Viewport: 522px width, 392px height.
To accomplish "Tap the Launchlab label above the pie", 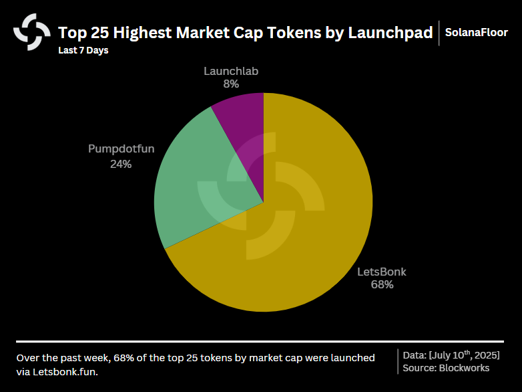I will [231, 71].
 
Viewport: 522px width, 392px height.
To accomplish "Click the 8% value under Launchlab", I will [231, 84].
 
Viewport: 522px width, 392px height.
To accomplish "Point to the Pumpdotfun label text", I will [121, 149].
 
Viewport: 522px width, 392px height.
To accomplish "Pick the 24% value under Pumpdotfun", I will [121, 163].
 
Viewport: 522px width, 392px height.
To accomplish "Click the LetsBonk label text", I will [381, 272].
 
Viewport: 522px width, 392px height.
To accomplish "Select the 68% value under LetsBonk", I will [382, 285].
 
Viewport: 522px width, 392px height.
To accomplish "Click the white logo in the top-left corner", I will [31, 32].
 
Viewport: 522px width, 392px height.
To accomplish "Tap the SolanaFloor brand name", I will [477, 32].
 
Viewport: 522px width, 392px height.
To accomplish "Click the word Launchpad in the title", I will [390, 32].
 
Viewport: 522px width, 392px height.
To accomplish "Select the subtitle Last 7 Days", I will [83, 50].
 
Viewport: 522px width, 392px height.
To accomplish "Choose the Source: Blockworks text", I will [446, 368].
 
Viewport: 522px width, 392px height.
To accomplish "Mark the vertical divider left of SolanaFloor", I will [439, 32].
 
